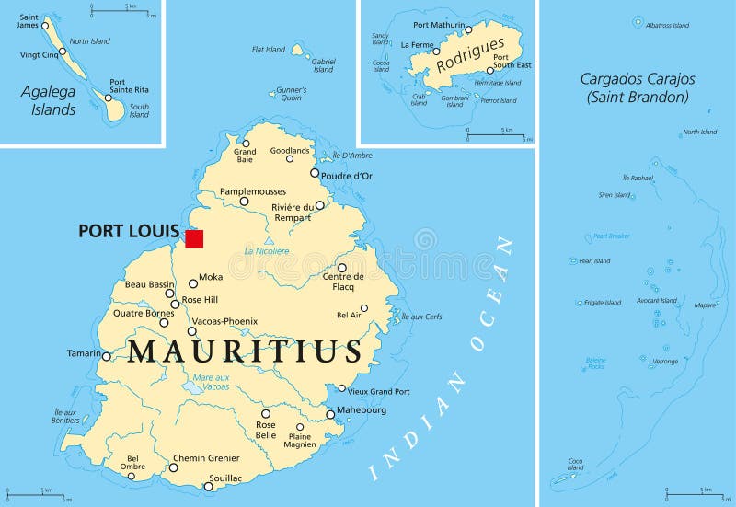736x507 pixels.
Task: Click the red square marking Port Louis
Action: (193, 238)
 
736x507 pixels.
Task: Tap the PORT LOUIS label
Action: (128, 231)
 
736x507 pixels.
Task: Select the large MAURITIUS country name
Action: (244, 351)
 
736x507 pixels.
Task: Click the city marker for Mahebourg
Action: (330, 414)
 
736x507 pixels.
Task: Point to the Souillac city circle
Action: (208, 486)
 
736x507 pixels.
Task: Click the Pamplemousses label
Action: (252, 191)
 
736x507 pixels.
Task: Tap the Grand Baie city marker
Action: (246, 144)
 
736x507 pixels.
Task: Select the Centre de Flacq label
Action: (343, 281)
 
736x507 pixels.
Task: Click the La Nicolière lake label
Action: (267, 250)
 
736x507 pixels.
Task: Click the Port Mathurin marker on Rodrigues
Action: (468, 29)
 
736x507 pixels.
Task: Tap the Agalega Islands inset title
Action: (49, 100)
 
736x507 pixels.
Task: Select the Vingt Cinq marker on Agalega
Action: (63, 52)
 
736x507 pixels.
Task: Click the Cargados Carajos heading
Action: (636, 87)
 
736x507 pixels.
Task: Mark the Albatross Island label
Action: (667, 25)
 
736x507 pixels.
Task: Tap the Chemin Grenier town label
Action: (206, 458)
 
